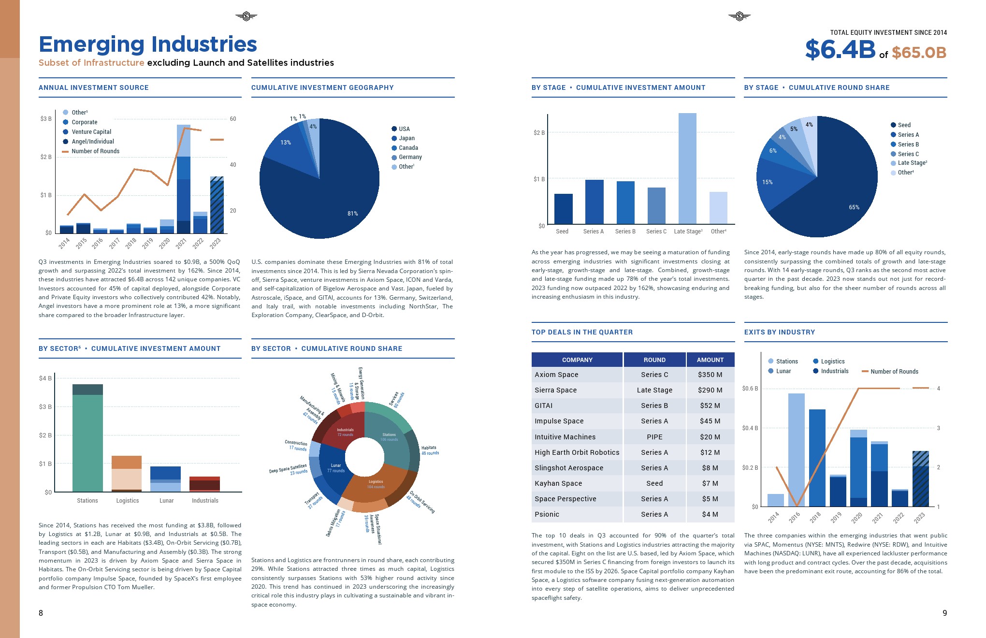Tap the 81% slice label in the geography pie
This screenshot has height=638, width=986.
tap(353, 214)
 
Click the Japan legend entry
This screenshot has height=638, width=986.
tap(406, 138)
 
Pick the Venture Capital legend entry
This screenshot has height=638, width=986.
tap(91, 132)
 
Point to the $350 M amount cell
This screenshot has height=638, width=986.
tap(710, 375)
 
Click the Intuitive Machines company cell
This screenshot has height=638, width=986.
tap(565, 437)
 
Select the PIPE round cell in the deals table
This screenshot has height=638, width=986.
tap(654, 437)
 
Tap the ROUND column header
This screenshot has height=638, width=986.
tap(654, 360)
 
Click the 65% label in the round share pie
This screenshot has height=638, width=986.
tap(854, 207)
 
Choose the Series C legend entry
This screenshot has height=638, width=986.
tap(908, 154)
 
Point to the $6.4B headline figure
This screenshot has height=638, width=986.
tap(840, 49)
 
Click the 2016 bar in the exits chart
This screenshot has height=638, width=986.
tap(796, 449)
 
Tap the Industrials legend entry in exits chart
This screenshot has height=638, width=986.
tap(834, 371)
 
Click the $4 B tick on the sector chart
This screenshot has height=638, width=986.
tap(45, 378)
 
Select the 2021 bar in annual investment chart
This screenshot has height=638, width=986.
tap(183, 179)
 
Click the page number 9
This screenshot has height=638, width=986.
tap(944, 613)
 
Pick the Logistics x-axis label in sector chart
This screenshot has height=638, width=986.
tap(128, 501)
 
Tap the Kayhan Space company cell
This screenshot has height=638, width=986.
tap(558, 483)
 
